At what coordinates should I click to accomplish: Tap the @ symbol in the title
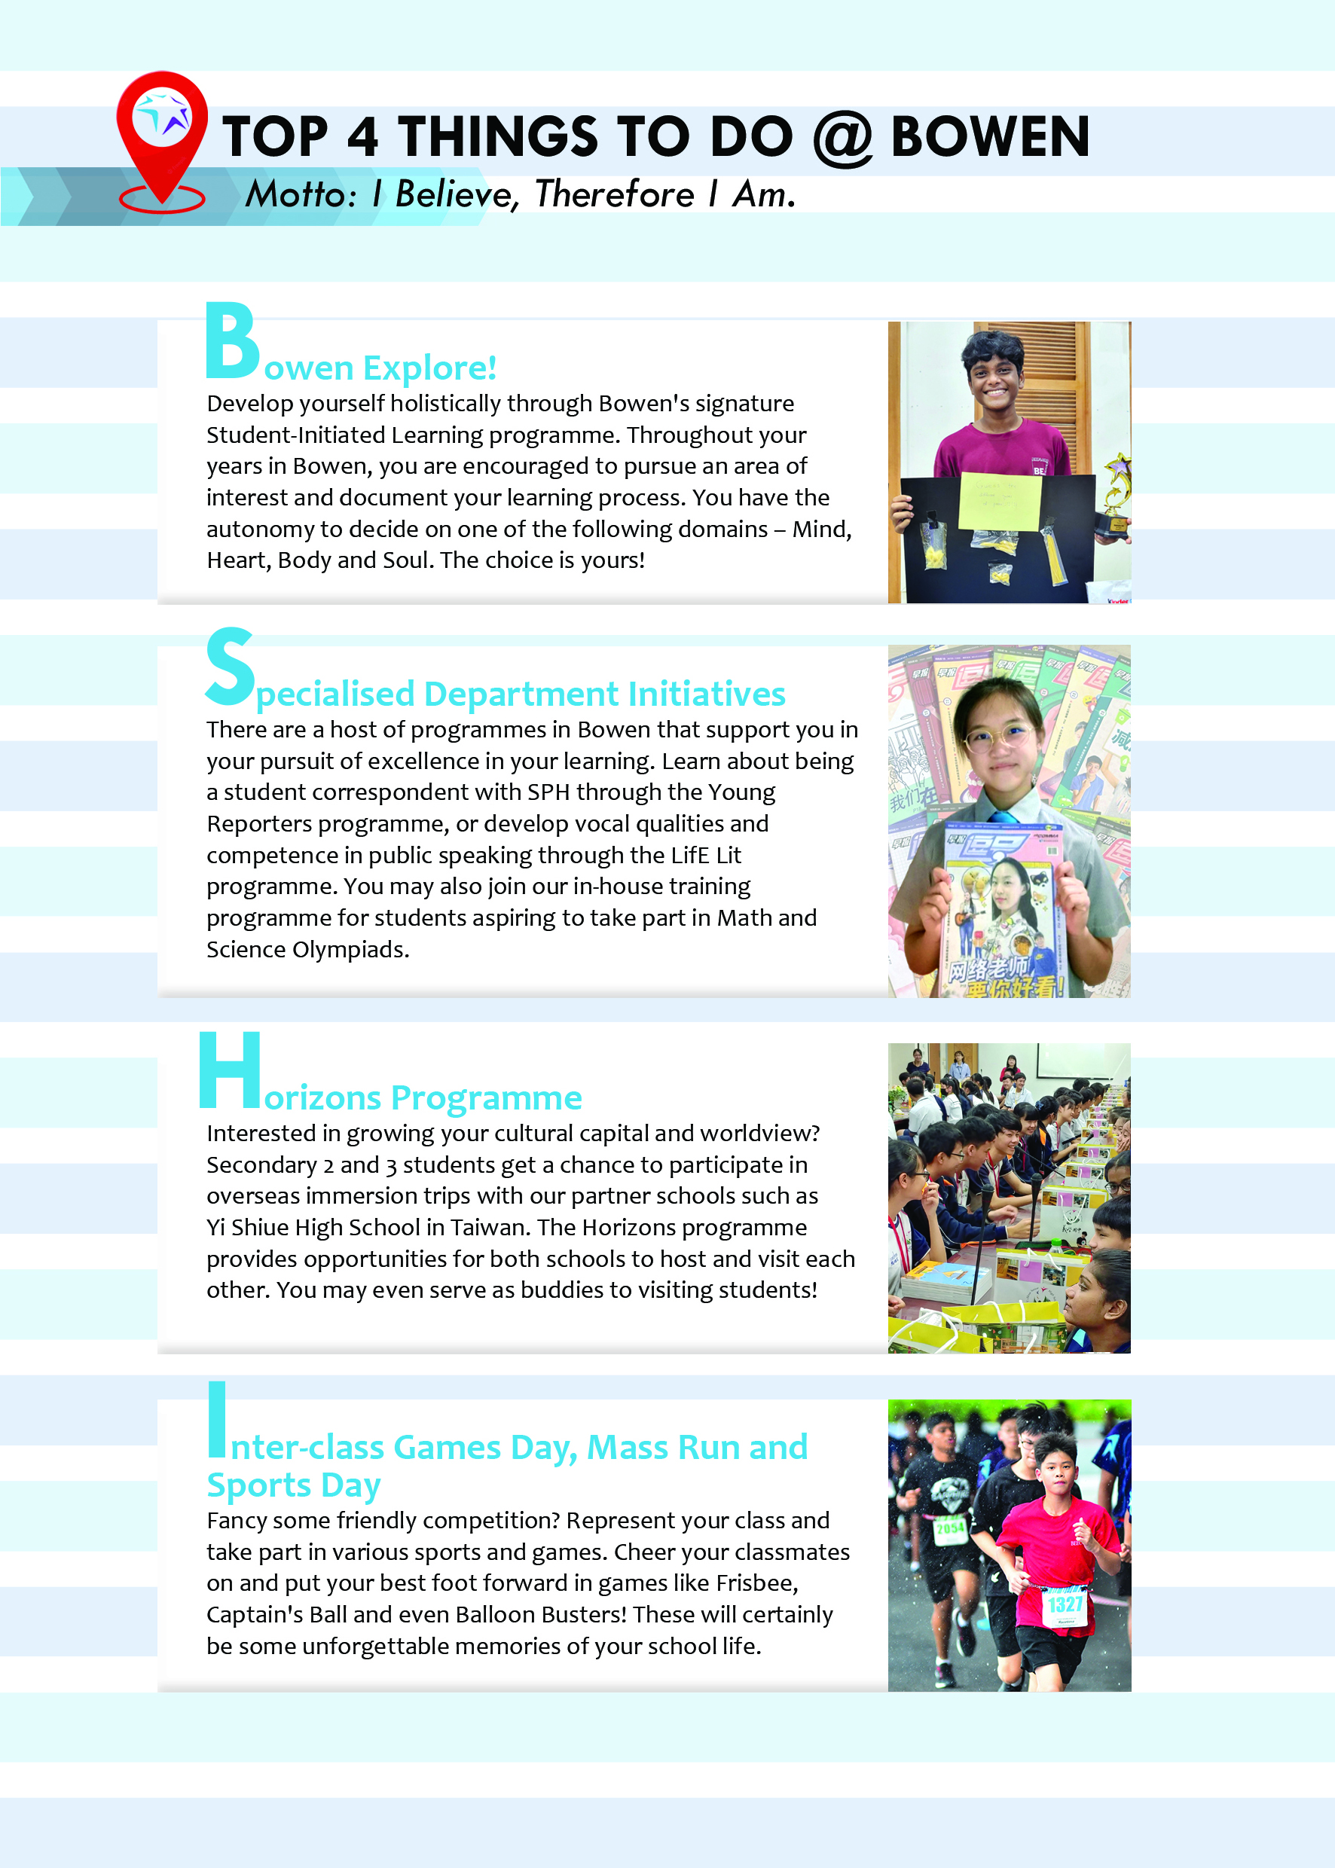tap(842, 137)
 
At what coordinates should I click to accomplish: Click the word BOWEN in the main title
tap(991, 137)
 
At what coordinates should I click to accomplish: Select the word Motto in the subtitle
tap(300, 196)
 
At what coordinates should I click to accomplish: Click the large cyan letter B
tap(232, 341)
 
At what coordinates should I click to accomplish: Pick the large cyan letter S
tap(229, 667)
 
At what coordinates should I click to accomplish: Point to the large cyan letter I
tap(217, 1418)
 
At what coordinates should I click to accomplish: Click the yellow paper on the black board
tap(1000, 502)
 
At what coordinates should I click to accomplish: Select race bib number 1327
tap(1065, 1604)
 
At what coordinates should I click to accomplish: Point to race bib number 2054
tap(949, 1528)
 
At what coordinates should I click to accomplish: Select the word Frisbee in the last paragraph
tap(756, 1583)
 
